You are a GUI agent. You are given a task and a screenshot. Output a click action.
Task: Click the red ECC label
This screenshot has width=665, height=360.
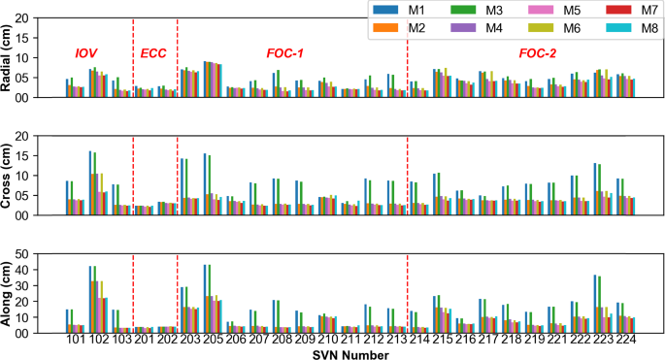point(154,52)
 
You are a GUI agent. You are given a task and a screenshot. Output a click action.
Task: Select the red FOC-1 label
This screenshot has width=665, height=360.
point(285,52)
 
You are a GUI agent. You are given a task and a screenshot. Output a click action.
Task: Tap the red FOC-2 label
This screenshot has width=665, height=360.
point(539,52)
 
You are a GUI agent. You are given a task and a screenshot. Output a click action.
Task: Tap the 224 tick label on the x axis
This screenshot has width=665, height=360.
point(625,340)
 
